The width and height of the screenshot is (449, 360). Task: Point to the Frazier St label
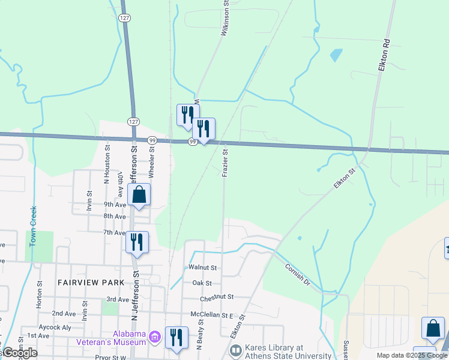tap(224, 163)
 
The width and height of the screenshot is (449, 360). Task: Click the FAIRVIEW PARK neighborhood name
tap(91, 282)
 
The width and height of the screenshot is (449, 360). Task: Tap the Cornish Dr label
tap(297, 275)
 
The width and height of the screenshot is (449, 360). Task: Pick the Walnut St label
tap(202, 268)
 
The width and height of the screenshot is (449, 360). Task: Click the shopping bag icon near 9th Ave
tap(139, 194)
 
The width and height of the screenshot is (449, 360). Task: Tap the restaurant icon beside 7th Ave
tap(137, 242)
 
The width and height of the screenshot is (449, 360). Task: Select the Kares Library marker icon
tap(235, 349)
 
